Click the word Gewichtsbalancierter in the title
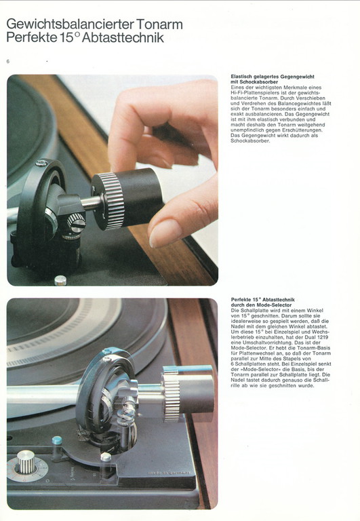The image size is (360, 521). (x=70, y=24)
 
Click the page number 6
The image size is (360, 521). (x=8, y=62)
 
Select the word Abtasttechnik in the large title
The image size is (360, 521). (x=123, y=37)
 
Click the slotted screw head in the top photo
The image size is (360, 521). (x=77, y=223)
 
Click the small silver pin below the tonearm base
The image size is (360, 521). (x=60, y=280)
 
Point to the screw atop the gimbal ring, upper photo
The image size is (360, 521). (x=41, y=163)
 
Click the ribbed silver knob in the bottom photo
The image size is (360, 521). (x=26, y=462)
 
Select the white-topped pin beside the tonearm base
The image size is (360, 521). (x=106, y=458)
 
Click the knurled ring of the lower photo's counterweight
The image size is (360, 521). (x=172, y=398)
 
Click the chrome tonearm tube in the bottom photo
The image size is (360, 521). (x=43, y=395)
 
